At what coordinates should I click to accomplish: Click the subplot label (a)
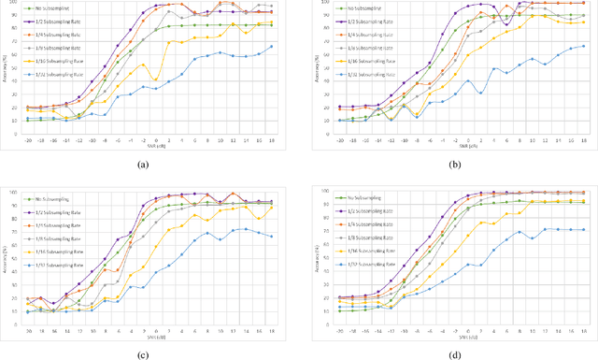point(142,165)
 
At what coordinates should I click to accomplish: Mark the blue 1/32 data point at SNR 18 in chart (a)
point(272,47)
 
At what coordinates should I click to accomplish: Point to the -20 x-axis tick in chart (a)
point(28,141)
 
